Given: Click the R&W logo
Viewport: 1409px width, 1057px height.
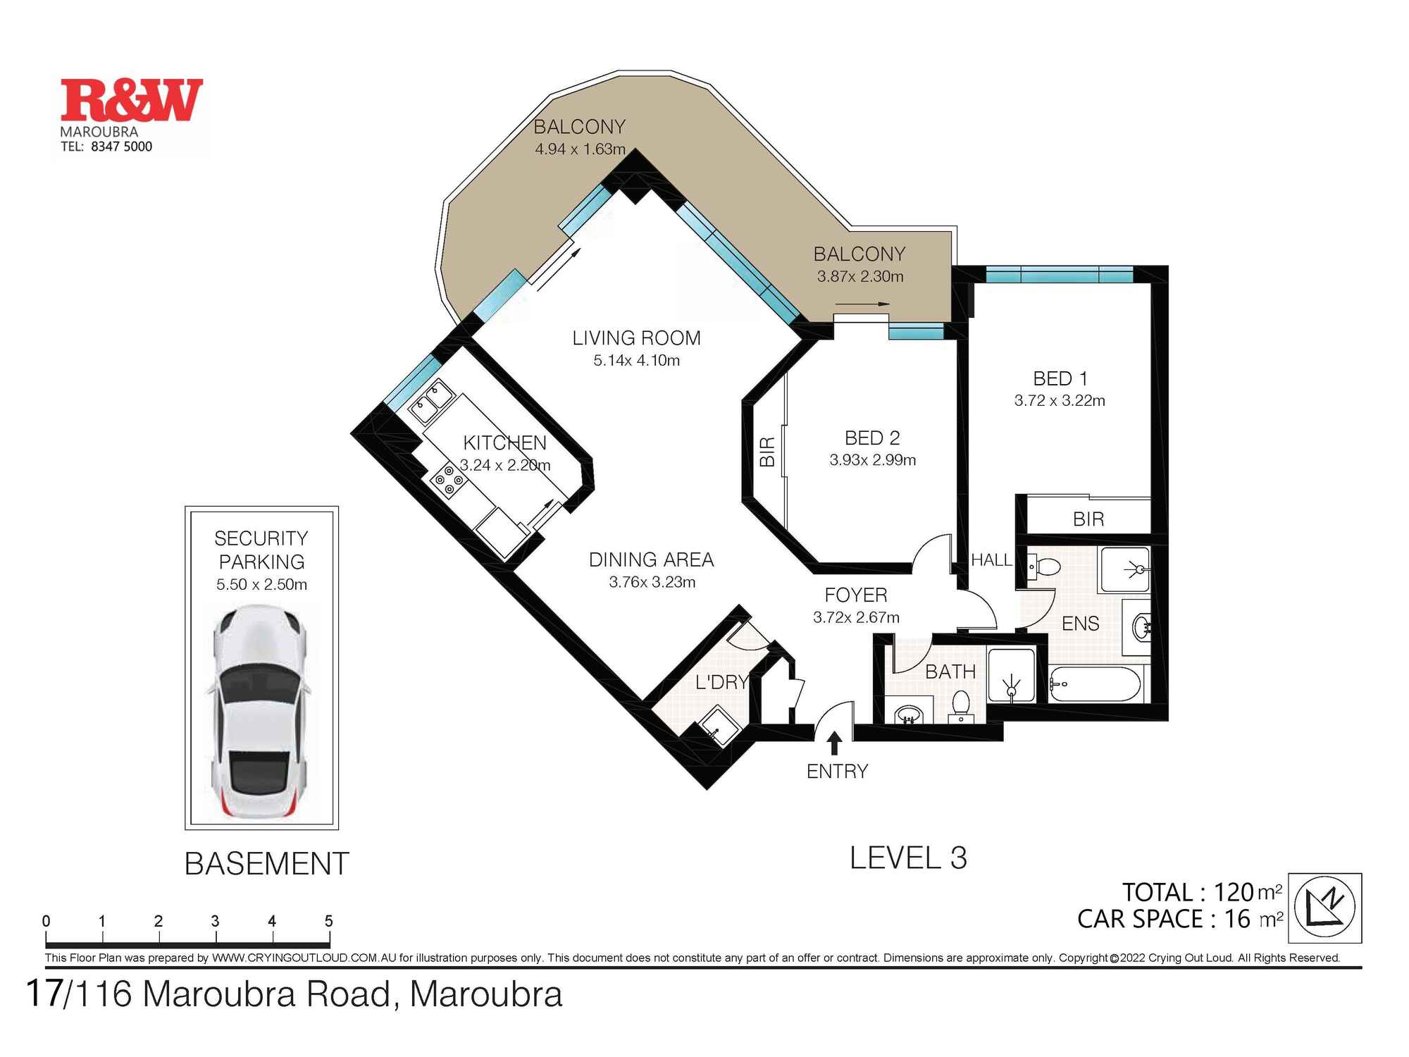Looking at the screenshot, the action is point(132,100).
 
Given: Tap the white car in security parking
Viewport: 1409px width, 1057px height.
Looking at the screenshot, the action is point(261,712).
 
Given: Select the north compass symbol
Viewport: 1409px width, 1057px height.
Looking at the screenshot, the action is point(1325,908).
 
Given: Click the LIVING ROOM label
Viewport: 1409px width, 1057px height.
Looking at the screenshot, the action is point(637,338).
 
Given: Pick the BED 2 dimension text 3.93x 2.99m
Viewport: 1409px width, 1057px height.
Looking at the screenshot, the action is point(873,460).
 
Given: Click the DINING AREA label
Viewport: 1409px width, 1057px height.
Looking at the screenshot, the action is point(652,560).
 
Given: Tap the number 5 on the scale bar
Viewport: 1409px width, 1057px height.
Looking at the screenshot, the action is point(328,921).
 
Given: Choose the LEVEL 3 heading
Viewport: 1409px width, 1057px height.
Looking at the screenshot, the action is point(908,858).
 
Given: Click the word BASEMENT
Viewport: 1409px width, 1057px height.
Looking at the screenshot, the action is point(267,864).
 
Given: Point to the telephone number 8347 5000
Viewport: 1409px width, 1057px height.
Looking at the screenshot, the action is point(121,147).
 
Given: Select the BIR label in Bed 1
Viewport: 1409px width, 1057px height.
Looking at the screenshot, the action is point(1088,519).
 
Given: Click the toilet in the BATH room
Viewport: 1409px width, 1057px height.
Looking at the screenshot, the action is point(960,705).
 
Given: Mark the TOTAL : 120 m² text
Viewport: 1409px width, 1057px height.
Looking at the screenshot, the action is point(1202,892).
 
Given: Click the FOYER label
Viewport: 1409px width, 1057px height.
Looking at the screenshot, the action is point(856,595).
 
